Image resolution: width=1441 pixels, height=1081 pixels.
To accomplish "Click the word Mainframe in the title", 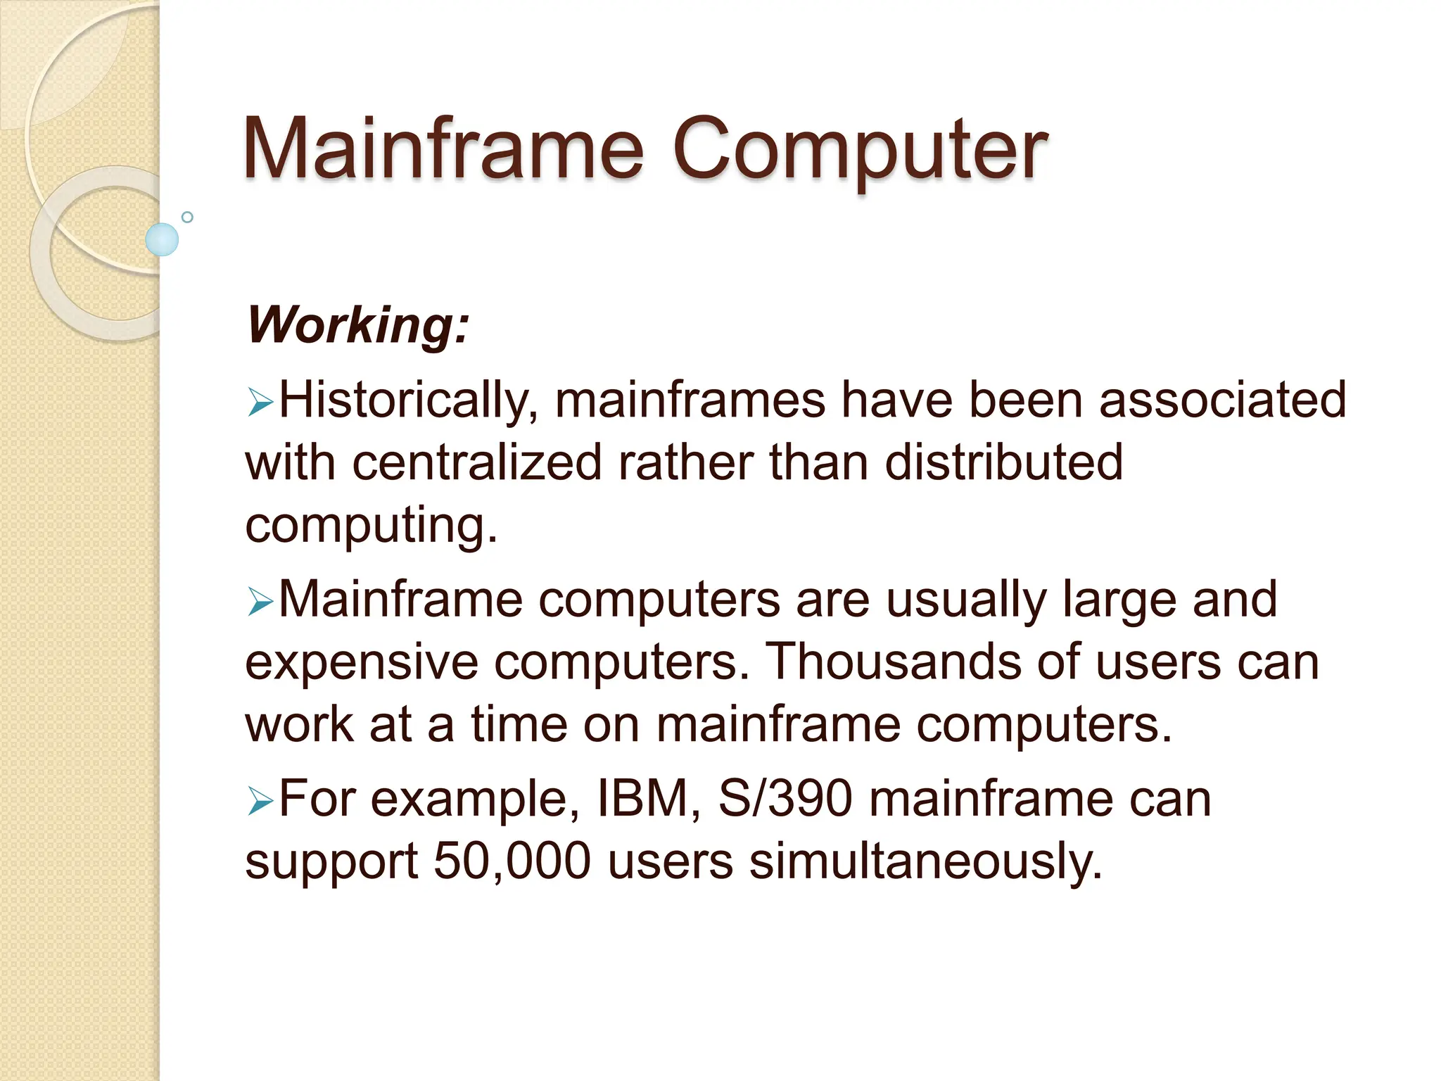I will pos(443,149).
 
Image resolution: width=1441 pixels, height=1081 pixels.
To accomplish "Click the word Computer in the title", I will pos(860,151).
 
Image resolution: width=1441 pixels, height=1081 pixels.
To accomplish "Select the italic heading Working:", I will pos(357,325).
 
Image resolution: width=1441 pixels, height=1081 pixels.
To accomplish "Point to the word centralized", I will pos(477,462).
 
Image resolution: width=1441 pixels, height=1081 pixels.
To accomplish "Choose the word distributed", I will pos(1003,462).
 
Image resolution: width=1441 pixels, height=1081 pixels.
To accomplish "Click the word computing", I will pos(371,526).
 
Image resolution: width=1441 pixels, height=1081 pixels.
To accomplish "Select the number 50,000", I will pos(512,861).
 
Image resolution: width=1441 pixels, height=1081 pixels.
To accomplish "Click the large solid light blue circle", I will pos(162,239).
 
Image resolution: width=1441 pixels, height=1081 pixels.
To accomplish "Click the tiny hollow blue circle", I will pos(187,217).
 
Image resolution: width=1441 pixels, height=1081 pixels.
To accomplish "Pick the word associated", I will pos(1222,400).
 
